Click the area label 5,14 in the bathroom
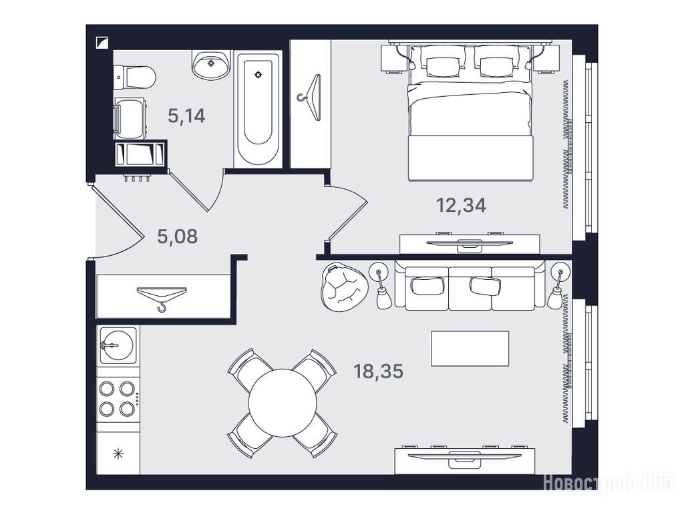pyautogui.click(x=186, y=116)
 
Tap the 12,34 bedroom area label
pyautogui.click(x=461, y=205)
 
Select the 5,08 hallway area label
pyautogui.click(x=177, y=236)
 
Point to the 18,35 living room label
pyautogui.click(x=378, y=371)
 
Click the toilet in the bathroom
pyautogui.click(x=134, y=77)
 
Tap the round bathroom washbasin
pyautogui.click(x=211, y=65)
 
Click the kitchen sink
pyautogui.click(x=118, y=345)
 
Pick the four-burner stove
pyautogui.click(x=118, y=399)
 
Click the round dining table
pyautogui.click(x=283, y=403)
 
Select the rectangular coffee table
pyautogui.click(x=470, y=349)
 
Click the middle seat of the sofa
pyautogui.click(x=470, y=288)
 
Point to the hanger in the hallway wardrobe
pyautogui.click(x=162, y=297)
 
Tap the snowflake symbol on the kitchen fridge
pyautogui.click(x=118, y=454)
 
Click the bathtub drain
pyautogui.click(x=259, y=75)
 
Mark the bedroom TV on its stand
pyautogui.click(x=470, y=242)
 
